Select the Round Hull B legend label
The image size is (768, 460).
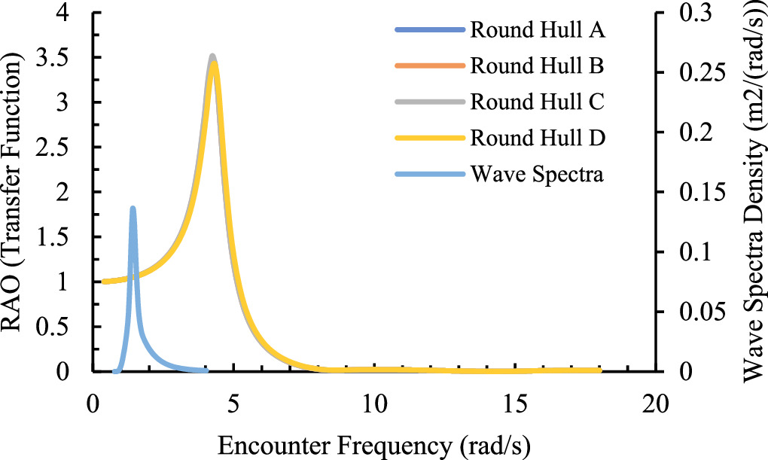(538, 65)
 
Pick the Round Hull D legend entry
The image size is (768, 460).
(538, 138)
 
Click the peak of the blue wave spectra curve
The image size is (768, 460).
(133, 208)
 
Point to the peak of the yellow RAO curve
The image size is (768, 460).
(215, 62)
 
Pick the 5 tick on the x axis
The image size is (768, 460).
(233, 403)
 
